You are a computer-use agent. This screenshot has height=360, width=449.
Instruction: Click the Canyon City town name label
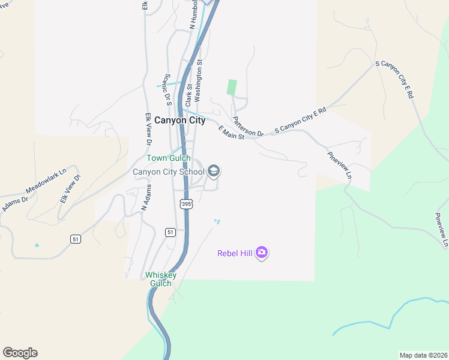(179, 120)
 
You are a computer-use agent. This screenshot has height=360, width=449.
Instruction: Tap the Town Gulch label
(169, 158)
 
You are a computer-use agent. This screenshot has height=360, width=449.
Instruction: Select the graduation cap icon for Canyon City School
(214, 172)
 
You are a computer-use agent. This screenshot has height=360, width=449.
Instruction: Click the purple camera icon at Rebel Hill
(261, 252)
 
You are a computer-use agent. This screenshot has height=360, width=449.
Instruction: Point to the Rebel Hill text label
(235, 253)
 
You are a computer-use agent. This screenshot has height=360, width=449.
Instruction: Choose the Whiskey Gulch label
(161, 279)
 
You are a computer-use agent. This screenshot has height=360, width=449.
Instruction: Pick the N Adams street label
(145, 197)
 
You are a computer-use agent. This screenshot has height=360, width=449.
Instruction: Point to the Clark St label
(188, 88)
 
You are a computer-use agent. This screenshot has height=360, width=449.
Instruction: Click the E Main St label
(231, 133)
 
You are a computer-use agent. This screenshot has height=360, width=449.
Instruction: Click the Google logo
(20, 353)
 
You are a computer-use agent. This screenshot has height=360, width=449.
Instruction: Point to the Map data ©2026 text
(424, 355)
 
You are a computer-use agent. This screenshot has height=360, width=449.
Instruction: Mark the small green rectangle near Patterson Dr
(232, 87)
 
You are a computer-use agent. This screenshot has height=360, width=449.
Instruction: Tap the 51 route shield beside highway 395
(170, 232)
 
